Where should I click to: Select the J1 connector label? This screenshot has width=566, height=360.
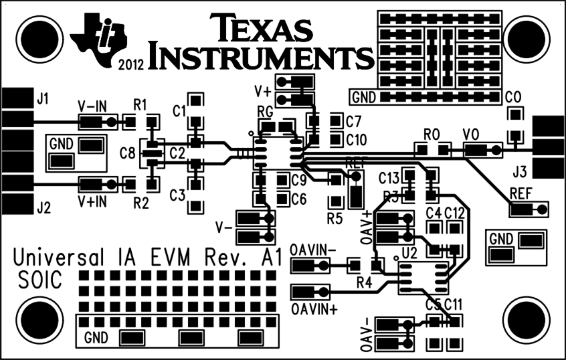coord(43,99)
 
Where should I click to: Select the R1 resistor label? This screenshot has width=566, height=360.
coord(140,105)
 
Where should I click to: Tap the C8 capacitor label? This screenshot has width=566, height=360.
coord(127,153)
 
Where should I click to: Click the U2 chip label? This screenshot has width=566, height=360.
coord(409,254)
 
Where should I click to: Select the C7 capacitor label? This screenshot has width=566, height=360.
coord(354,122)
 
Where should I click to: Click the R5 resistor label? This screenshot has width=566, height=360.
coord(335,218)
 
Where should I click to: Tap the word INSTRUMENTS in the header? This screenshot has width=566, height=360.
coord(261,58)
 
